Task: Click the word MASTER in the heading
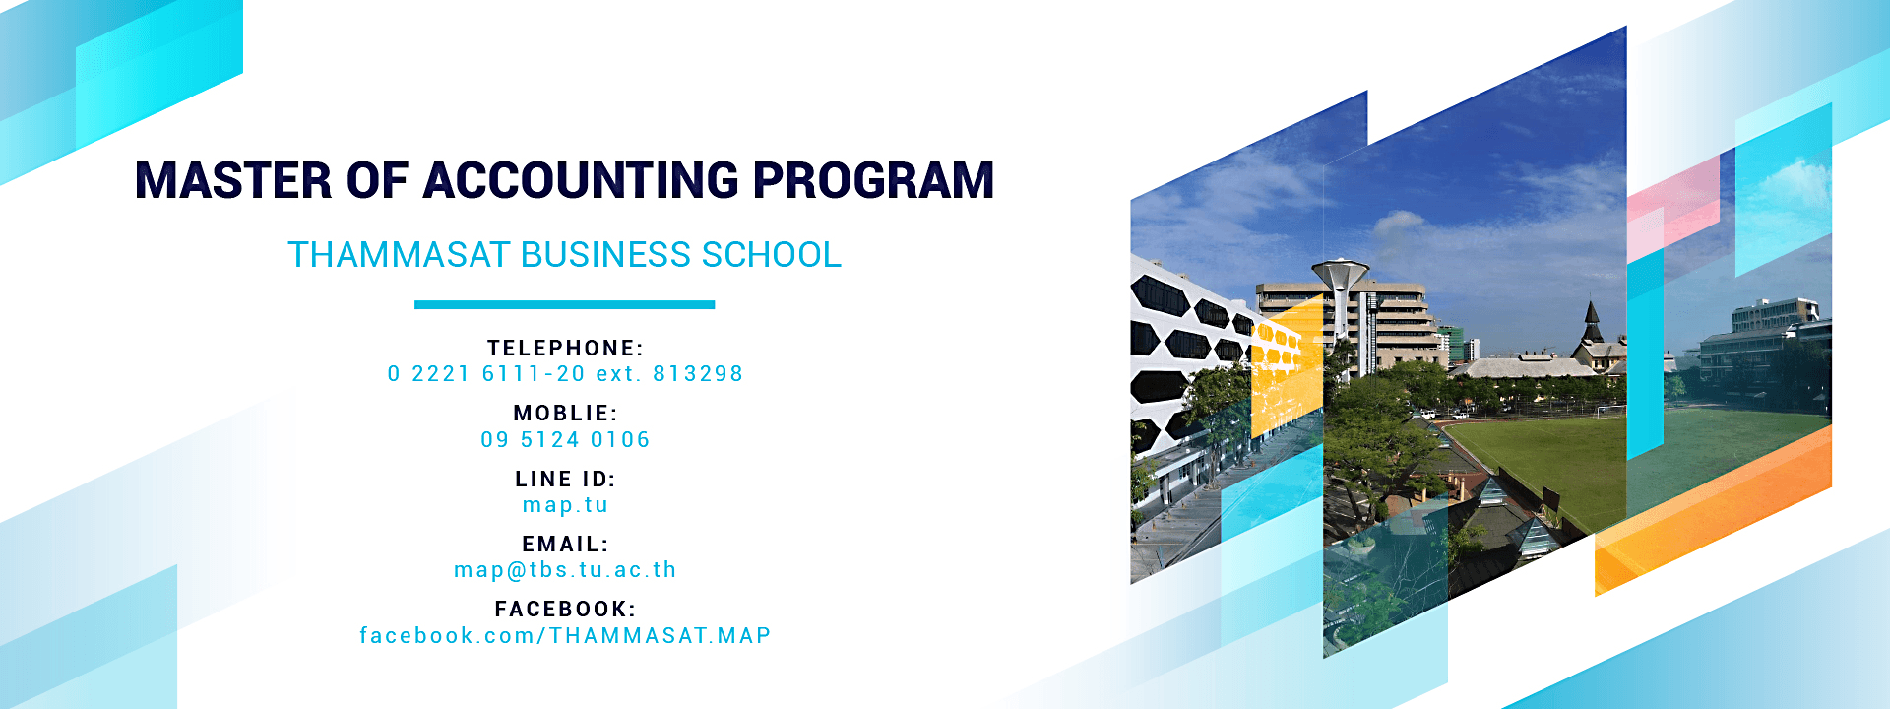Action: tap(233, 180)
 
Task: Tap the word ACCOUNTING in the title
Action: tap(581, 180)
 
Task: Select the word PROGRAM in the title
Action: tap(874, 180)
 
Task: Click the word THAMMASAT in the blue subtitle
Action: tap(399, 255)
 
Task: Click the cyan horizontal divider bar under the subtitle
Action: tap(564, 305)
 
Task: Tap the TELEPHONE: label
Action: tap(565, 349)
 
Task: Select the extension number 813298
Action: tap(698, 374)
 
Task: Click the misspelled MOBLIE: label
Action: tap(565, 414)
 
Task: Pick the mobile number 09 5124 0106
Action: tap(565, 440)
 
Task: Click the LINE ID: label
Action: tap(565, 480)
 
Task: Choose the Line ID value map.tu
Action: tap(565, 505)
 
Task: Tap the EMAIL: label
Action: tap(565, 545)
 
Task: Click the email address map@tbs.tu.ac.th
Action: tap(565, 570)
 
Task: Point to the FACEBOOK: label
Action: tap(565, 610)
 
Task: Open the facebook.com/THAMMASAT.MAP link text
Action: tap(565, 636)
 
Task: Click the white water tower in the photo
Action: tap(1340, 295)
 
